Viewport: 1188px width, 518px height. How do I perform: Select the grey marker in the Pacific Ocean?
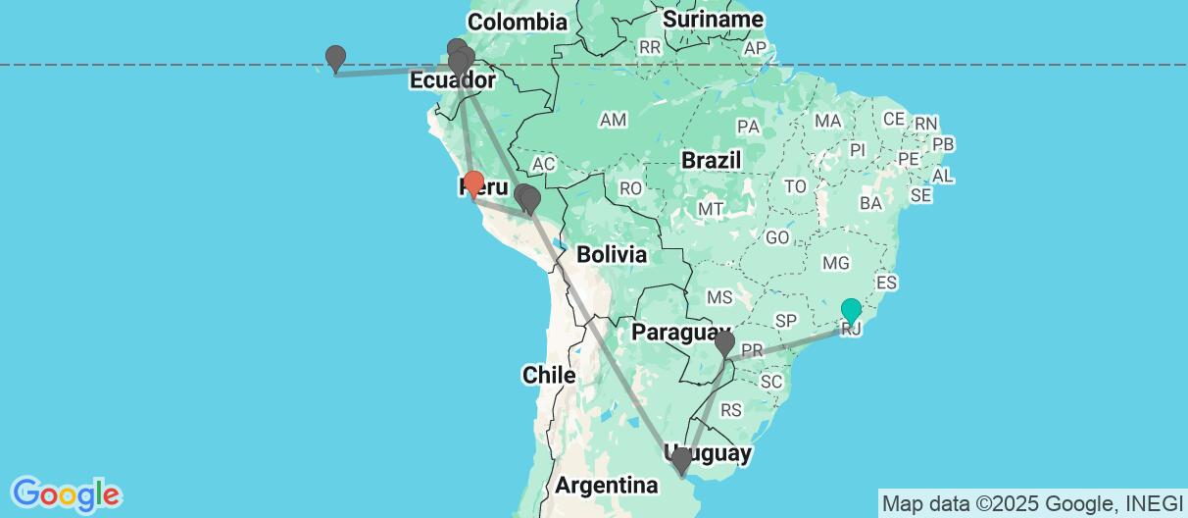[x=336, y=58]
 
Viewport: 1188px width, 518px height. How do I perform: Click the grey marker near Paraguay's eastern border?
[x=724, y=343]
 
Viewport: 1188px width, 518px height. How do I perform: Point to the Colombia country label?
[x=517, y=22]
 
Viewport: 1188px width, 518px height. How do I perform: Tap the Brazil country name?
[x=712, y=160]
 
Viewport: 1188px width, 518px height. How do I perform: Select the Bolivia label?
[x=612, y=255]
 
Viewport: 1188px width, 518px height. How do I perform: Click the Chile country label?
[x=548, y=375]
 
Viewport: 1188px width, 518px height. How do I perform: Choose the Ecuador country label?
[x=447, y=81]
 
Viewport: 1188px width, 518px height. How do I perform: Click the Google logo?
[x=66, y=492]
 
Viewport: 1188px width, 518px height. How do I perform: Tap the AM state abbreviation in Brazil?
[x=614, y=120]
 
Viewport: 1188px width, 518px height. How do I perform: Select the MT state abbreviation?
[x=711, y=209]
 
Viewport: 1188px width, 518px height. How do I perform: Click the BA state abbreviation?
[x=869, y=203]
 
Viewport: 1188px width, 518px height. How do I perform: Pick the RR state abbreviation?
[x=649, y=47]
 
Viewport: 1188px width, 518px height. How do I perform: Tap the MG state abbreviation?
[x=836, y=263]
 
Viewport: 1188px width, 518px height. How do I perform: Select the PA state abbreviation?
[x=749, y=127]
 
